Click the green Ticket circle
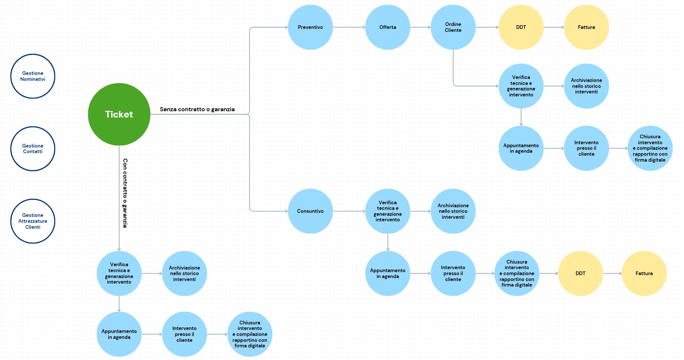click(x=119, y=114)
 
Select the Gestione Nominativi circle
click(x=33, y=76)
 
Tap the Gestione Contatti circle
click(x=33, y=149)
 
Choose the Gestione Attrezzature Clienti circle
click(x=33, y=221)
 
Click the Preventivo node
click(x=310, y=27)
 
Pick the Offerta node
click(x=388, y=27)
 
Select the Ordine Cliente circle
click(x=453, y=27)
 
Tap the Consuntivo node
click(x=310, y=211)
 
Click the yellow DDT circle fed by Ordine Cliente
click(x=521, y=27)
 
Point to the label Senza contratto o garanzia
click(x=197, y=109)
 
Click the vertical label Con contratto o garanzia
click(x=125, y=193)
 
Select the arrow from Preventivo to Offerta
click(x=349, y=27)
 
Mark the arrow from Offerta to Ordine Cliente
click(x=420, y=27)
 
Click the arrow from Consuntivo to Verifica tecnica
click(x=349, y=211)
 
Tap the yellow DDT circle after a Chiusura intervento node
click(x=580, y=273)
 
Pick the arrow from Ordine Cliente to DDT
click(x=487, y=27)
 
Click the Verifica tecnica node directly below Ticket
click(x=119, y=273)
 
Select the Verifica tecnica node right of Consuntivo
click(x=388, y=211)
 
